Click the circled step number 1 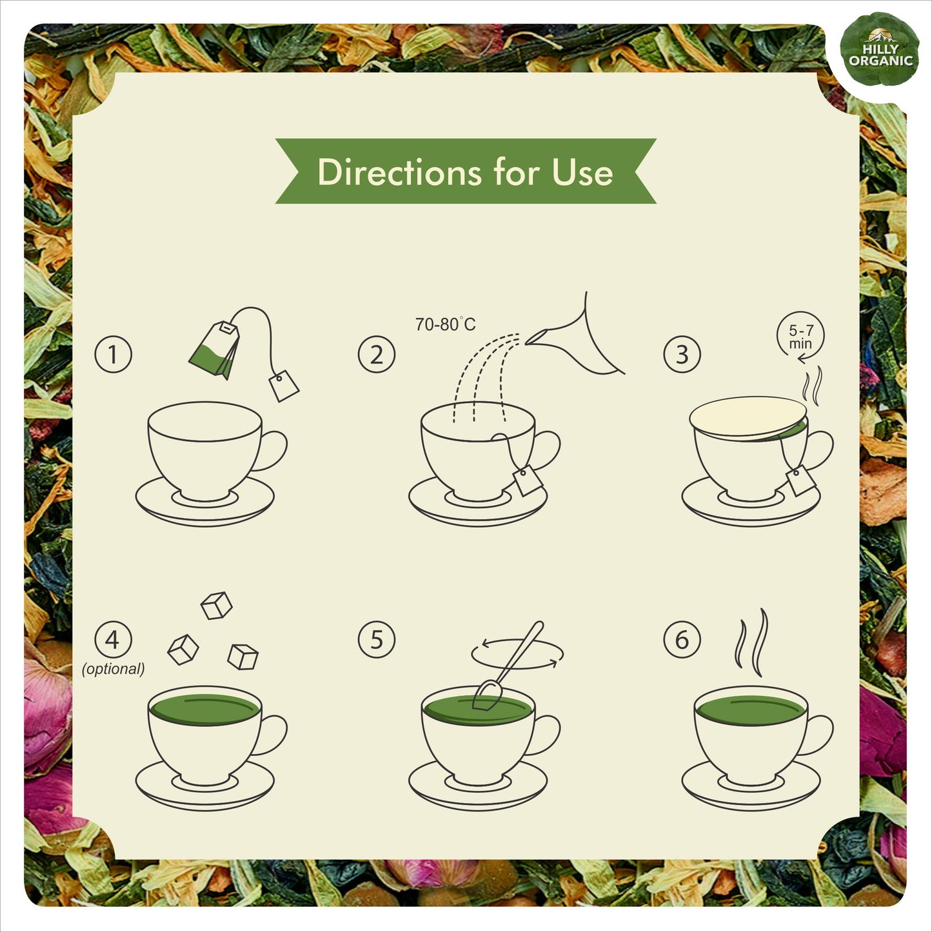point(113,355)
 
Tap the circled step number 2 point(376,355)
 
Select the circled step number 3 point(682,355)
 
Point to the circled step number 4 point(113,640)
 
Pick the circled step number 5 point(376,640)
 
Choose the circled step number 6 point(682,640)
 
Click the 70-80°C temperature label point(445,324)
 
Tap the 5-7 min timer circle point(800,336)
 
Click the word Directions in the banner point(399,172)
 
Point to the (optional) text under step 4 point(113,669)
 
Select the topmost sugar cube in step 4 point(216,605)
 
